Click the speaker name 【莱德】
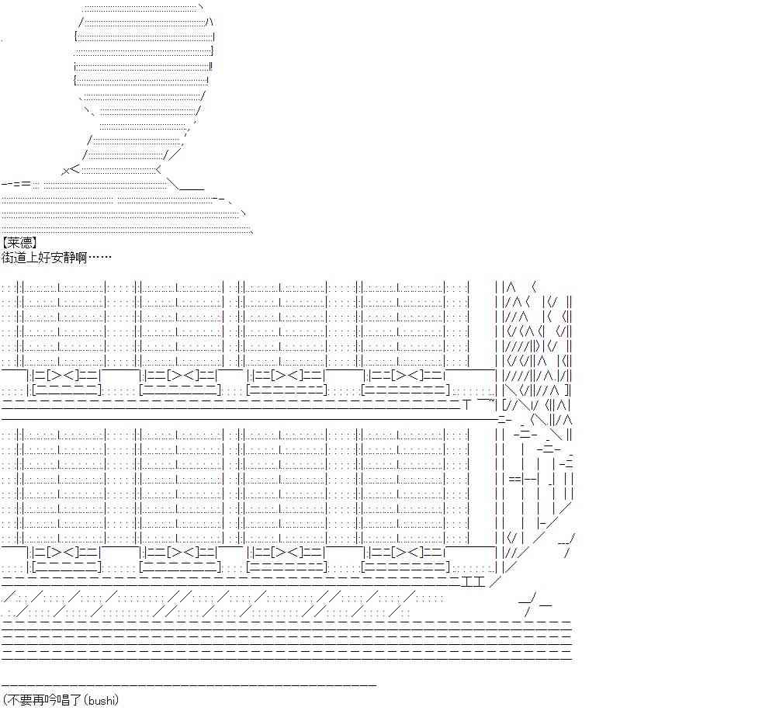(19, 242)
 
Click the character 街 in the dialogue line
(8, 257)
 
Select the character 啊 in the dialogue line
(81, 257)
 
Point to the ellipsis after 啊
(99, 257)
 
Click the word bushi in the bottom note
(102, 700)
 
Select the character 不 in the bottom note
(13, 700)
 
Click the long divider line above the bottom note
(189, 685)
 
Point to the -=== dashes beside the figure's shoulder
(16, 184)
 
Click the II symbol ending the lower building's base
(473, 582)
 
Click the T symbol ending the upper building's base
(467, 404)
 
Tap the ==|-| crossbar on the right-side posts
(524, 479)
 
